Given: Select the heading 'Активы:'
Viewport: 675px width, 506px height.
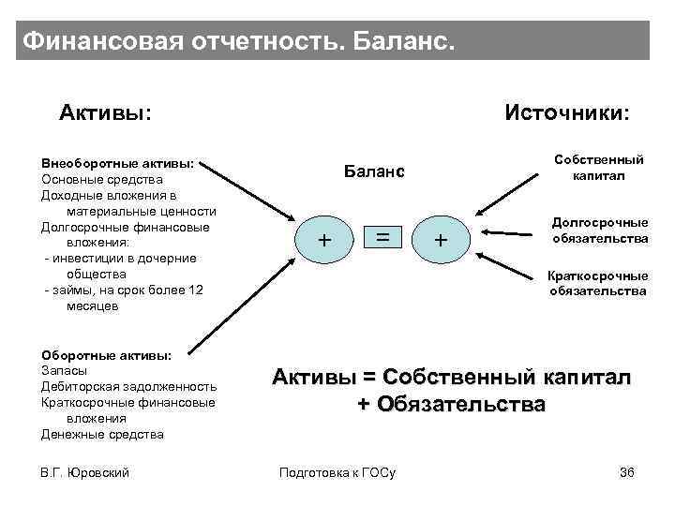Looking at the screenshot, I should coord(106,113).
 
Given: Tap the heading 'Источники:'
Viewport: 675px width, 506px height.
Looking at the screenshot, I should coord(567,113).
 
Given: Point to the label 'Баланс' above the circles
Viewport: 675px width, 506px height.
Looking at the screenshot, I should coord(374,171).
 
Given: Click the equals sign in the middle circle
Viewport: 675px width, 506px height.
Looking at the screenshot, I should coord(383,238).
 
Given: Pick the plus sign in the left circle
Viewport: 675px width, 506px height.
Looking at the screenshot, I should coord(324,240).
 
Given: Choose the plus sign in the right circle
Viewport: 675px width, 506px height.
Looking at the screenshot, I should coord(440,241).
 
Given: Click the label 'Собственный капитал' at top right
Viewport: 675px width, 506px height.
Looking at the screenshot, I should coord(599,168).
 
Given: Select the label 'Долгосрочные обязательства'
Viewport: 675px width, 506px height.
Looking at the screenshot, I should coord(600,231).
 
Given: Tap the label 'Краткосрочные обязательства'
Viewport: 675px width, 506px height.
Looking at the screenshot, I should coord(598,283).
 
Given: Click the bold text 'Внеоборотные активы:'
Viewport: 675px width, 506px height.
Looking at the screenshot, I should coord(118,163).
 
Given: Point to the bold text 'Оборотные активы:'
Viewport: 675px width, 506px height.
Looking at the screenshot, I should coord(106,355).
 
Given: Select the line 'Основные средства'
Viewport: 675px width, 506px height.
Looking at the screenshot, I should coord(102,179).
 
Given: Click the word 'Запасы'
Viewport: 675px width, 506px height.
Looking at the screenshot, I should coord(65,370).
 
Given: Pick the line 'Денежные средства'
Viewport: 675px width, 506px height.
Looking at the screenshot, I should coord(102,434).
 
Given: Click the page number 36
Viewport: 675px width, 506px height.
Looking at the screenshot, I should coord(627,471).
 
